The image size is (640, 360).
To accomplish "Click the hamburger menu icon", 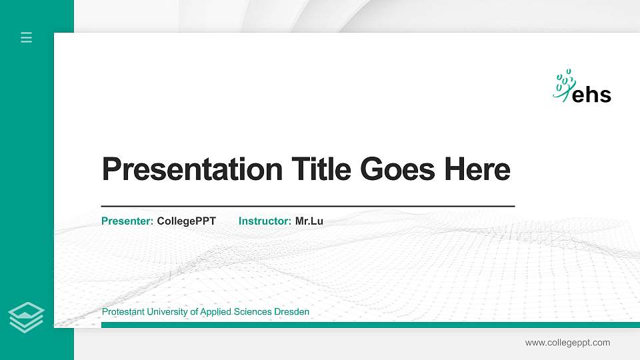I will [x=27, y=37].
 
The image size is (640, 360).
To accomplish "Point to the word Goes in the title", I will [x=398, y=169].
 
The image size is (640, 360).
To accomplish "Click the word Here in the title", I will [x=477, y=169].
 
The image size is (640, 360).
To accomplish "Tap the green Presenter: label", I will [x=127, y=221].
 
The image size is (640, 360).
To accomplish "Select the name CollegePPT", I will [x=187, y=221].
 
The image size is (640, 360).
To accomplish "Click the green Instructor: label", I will [x=265, y=221].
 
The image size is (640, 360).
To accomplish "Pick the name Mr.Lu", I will [x=309, y=221].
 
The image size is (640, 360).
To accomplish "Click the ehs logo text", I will [x=592, y=95].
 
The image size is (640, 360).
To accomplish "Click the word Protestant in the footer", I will [x=122, y=312].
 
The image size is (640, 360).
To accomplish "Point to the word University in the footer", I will [x=164, y=312].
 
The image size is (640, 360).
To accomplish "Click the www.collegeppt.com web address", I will [x=567, y=343].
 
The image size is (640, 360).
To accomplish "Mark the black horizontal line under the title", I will [x=308, y=207].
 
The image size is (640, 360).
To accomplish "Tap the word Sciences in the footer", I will [x=254, y=312].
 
